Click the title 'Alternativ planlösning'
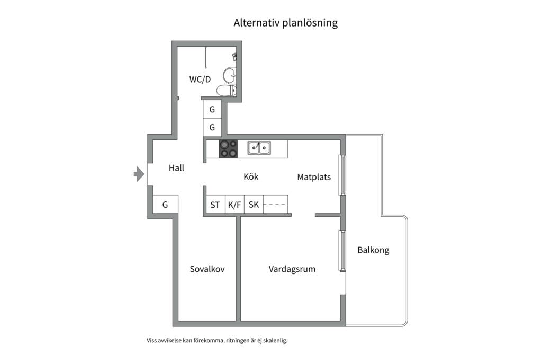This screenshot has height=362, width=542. pyautogui.click(x=285, y=23)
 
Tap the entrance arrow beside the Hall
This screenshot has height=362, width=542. pyautogui.click(x=139, y=174)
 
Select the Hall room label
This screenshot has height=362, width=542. pyautogui.click(x=176, y=168)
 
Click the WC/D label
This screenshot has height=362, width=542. pyautogui.click(x=200, y=80)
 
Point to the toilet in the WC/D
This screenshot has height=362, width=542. pyautogui.click(x=227, y=90)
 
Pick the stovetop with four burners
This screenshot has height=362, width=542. pyautogui.click(x=228, y=149)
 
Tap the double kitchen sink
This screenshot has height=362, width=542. pyautogui.click(x=259, y=148)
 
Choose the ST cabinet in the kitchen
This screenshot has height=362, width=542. pyautogui.click(x=215, y=205)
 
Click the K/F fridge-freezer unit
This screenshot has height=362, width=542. pyautogui.click(x=234, y=205)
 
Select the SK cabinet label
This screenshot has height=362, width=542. pyautogui.click(x=254, y=205)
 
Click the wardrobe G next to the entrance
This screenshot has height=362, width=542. pyautogui.click(x=165, y=205)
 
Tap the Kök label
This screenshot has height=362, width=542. pyautogui.click(x=251, y=177)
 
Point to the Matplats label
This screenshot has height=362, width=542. pyautogui.click(x=314, y=177)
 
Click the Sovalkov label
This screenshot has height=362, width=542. pyautogui.click(x=207, y=269)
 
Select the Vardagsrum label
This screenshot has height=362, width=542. pyautogui.click(x=292, y=269)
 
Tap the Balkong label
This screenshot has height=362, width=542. pyautogui.click(x=373, y=250)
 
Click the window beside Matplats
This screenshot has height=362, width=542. pyautogui.click(x=342, y=175)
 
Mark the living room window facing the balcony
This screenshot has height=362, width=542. pyautogui.click(x=342, y=251)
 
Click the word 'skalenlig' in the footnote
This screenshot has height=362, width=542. pyautogui.click(x=275, y=341)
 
